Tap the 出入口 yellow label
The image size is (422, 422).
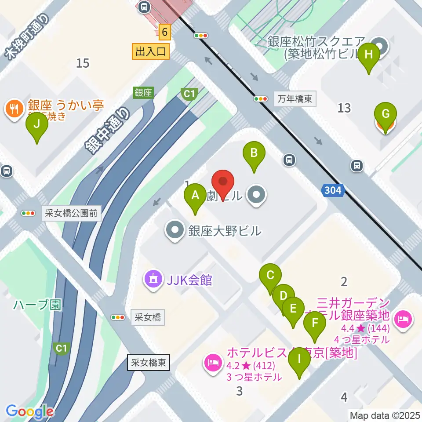tap(151, 52)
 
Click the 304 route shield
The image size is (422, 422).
tap(333, 190)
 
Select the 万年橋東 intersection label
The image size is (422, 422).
tap(295, 99)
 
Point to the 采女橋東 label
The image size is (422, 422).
tap(148, 363)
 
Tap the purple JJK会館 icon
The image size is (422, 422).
tap(153, 280)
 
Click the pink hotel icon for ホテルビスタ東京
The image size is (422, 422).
tap(213, 363)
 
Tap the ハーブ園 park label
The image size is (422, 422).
tap(37, 305)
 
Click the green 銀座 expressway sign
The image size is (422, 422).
tap(143, 93)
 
